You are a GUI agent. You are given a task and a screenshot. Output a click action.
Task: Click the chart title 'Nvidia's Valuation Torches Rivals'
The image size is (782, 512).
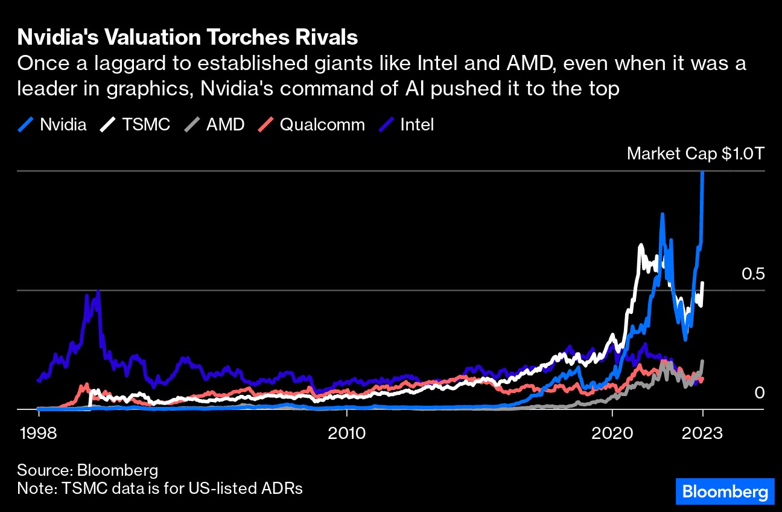coord(188,37)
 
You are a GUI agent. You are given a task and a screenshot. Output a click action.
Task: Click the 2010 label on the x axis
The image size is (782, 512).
coord(347,434)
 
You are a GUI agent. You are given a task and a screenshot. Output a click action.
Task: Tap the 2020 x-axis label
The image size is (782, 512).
coord(612,434)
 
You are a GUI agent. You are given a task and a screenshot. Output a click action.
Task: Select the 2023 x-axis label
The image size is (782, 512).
coord(702,434)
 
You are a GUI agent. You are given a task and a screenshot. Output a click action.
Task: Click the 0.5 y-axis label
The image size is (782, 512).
coord(752,274)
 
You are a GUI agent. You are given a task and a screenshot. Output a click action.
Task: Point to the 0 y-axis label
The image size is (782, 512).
coord(760,393)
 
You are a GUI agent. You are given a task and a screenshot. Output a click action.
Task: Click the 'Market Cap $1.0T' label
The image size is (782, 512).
coord(696,153)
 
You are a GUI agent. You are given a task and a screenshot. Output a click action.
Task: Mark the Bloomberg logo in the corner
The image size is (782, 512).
coord(724,492)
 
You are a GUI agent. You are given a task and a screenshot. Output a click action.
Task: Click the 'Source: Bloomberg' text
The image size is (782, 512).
coord(87,470)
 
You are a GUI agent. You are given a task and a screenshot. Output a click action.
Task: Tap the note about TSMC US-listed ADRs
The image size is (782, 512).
coord(160,488)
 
